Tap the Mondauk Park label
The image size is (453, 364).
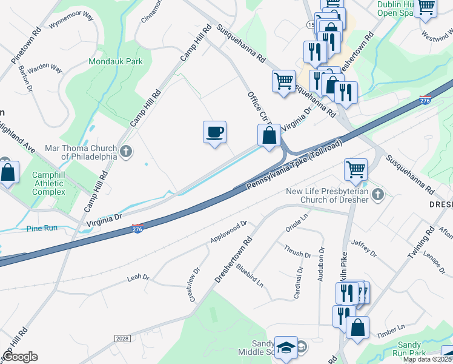116,61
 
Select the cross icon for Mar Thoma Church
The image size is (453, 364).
126,151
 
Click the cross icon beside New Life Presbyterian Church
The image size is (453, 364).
378,195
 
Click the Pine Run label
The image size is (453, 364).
42,228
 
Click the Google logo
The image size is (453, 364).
20,357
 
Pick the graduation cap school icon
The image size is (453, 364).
286,348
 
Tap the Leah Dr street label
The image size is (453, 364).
137,277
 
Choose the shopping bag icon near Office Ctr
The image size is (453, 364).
269,135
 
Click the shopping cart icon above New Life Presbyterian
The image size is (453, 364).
355,169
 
